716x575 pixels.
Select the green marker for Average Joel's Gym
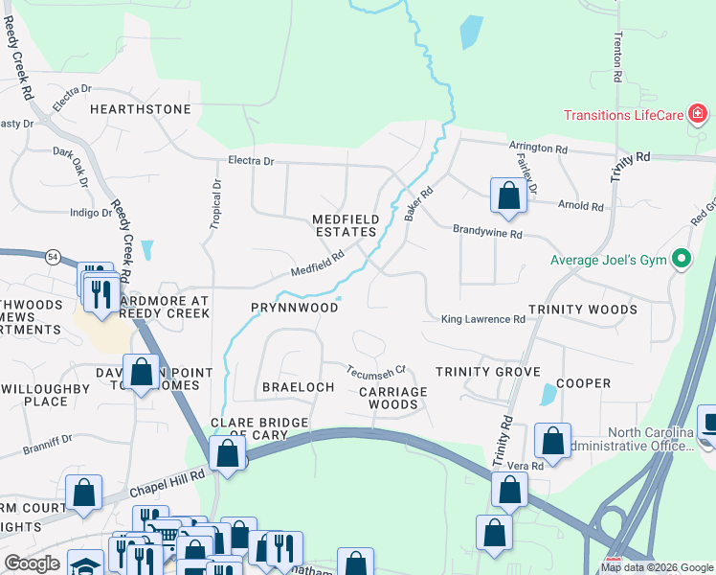(682, 259)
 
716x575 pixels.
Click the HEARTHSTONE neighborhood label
(141, 109)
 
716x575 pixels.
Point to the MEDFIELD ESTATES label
(346, 225)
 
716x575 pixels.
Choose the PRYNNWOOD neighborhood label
(294, 308)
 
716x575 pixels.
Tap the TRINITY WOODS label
(582, 310)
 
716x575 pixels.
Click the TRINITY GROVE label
(488, 372)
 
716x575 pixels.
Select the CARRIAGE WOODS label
(393, 398)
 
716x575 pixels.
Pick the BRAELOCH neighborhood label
(298, 387)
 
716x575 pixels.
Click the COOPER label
(584, 383)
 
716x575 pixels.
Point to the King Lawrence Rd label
(483, 319)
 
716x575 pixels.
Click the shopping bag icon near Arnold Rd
(509, 195)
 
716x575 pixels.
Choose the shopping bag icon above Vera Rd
(552, 440)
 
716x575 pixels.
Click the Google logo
(32, 563)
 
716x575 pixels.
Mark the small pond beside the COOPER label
(548, 394)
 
